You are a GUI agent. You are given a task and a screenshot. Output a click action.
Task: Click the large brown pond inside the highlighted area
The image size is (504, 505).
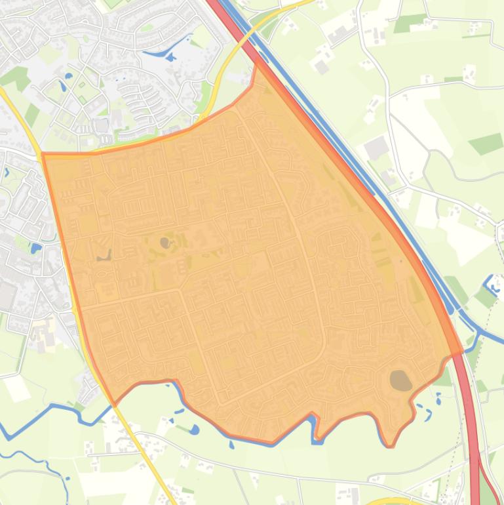[400, 380]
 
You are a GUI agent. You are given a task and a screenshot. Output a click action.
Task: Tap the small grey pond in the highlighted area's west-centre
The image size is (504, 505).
[165, 243]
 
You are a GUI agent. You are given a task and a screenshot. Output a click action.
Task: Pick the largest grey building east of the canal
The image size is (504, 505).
[376, 148]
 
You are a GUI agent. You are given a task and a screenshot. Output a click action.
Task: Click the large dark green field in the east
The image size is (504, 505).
[485, 144]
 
